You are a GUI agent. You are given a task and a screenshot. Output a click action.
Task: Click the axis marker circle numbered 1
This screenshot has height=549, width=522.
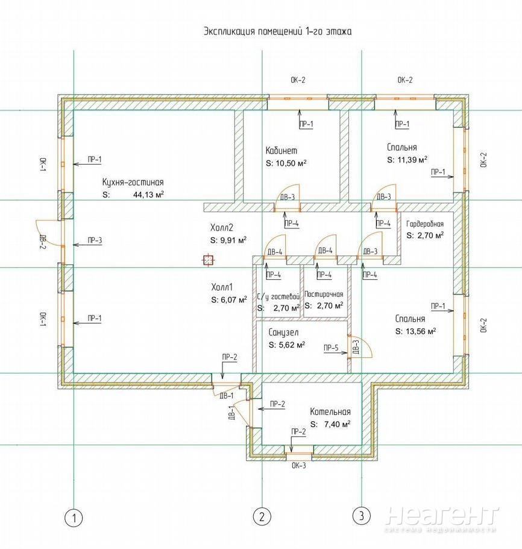pyautogui.click(x=74, y=518)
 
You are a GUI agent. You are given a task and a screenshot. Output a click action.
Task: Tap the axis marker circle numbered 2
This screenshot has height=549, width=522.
pyautogui.click(x=262, y=516)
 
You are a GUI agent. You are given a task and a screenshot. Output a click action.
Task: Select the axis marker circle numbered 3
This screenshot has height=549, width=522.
pyautogui.click(x=362, y=515)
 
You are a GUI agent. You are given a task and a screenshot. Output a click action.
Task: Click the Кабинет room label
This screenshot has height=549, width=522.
pyautogui.click(x=281, y=151)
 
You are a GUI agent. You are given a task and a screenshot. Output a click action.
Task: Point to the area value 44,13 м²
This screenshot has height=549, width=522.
pyautogui.click(x=149, y=195)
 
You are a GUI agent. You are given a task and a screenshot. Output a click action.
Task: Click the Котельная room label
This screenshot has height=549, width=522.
pyautogui.click(x=330, y=411)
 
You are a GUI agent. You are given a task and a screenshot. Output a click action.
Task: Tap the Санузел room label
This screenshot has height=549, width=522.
pyautogui.click(x=283, y=332)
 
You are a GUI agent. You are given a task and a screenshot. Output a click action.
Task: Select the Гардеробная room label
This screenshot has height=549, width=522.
pyautogui.click(x=425, y=224)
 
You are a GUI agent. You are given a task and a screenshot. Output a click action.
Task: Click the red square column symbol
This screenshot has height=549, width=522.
pyautogui.click(x=208, y=260)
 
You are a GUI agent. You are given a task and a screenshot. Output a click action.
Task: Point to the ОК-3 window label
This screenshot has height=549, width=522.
pyautogui.click(x=299, y=466)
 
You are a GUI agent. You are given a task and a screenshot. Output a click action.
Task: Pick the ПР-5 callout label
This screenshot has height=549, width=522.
pyautogui.click(x=331, y=347)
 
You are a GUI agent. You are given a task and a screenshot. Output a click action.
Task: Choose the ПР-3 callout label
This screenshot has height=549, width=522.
pyautogui.click(x=95, y=240)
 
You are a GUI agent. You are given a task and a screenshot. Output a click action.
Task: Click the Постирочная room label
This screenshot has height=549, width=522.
pyautogui.click(x=324, y=294)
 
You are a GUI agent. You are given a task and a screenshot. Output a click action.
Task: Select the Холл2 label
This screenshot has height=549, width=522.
pyautogui.click(x=222, y=228)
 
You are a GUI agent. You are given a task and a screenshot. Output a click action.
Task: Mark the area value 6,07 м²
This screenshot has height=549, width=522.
pyautogui.click(x=234, y=300)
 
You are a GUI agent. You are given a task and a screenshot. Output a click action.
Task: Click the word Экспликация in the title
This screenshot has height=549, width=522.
pyautogui.click(x=230, y=31)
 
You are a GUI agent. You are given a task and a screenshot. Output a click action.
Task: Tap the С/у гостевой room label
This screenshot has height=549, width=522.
pyautogui.click(x=278, y=297)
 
